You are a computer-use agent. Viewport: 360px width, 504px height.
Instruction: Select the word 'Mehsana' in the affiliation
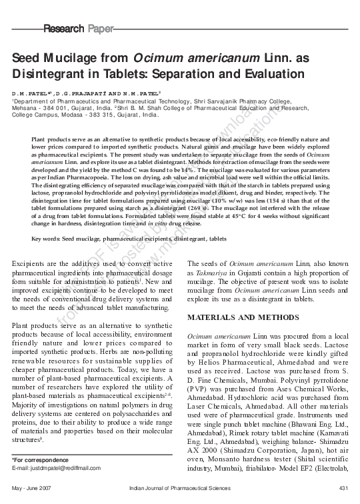[27, 107]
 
